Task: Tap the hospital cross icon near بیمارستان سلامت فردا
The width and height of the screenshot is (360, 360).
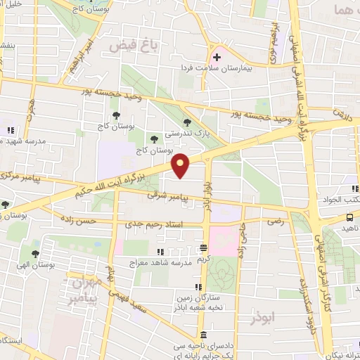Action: (217, 57)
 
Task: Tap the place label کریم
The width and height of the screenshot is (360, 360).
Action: (204, 258)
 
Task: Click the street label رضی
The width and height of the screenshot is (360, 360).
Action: (274, 221)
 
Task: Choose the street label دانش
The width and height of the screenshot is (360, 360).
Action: (342, 112)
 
